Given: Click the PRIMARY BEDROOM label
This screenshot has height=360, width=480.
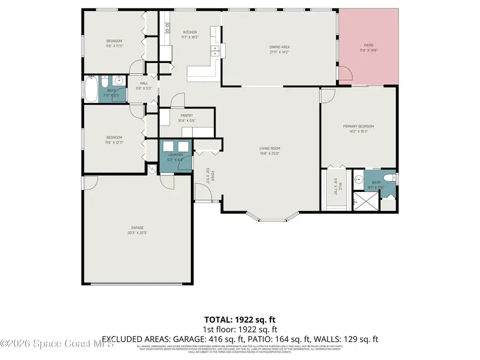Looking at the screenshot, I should tap(358, 126).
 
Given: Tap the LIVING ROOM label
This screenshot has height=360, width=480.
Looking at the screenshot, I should tap(270, 148).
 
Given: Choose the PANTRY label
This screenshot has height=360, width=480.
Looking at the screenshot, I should tap(187, 115).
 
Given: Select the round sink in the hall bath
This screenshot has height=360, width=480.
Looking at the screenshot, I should tap(118, 81).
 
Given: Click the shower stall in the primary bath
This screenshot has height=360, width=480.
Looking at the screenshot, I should tap(365, 202).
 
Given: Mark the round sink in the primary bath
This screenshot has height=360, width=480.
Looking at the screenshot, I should tap(359, 179).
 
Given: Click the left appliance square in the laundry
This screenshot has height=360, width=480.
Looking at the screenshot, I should tap(168, 147).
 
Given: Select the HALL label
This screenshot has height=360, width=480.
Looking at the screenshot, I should tap(144, 83).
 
